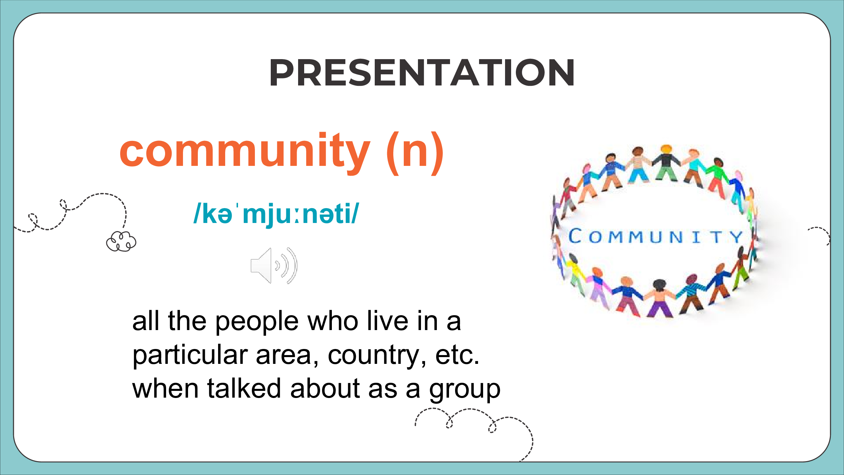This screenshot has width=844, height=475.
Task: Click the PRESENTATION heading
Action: pyautogui.click(x=422, y=72)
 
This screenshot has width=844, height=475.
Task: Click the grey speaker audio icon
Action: pyautogui.click(x=274, y=266)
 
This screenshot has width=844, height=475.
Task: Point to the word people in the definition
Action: pyautogui.click(x=257, y=322)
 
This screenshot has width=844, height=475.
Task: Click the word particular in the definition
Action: pyautogui.click(x=190, y=356)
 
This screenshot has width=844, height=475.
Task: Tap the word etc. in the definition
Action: pyautogui.click(x=457, y=355)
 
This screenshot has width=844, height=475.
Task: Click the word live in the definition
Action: pyautogui.click(x=388, y=321)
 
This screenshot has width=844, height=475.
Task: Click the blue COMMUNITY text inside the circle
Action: pyautogui.click(x=656, y=236)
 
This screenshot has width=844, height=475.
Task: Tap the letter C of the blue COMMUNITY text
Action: pyautogui.click(x=575, y=236)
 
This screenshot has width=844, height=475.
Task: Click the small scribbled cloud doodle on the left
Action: pyautogui.click(x=121, y=241)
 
